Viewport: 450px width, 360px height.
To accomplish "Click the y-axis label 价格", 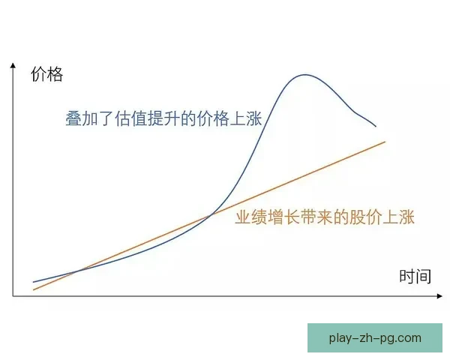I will pyautogui.click(x=46, y=74).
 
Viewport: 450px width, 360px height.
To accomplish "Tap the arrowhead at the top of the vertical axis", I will pyautogui.click(x=13, y=66).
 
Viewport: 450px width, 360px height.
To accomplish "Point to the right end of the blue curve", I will pyautogui.click(x=376, y=126).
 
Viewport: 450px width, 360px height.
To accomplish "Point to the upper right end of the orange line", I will pyautogui.click(x=385, y=141).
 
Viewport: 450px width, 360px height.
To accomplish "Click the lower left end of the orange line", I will pyautogui.click(x=34, y=289).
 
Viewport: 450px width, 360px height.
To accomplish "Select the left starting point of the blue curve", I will pyautogui.click(x=34, y=282).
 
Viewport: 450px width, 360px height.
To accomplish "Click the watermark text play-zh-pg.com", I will pyautogui.click(x=375, y=338).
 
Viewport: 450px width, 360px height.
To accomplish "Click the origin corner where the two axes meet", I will pyautogui.click(x=13, y=297).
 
